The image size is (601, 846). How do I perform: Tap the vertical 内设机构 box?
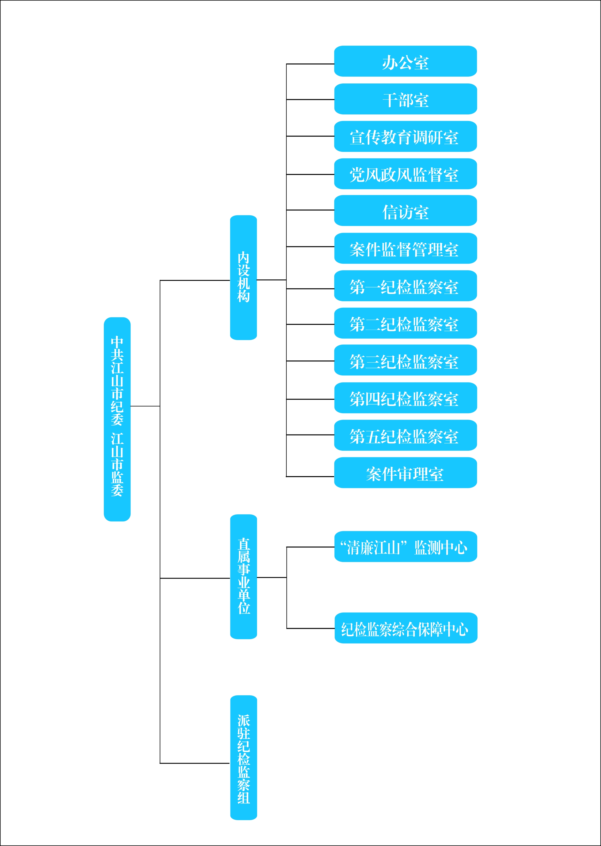pos(243,277)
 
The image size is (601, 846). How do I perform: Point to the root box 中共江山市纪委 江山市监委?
pos(117,419)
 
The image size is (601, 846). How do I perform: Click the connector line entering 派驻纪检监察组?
pos(195,763)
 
